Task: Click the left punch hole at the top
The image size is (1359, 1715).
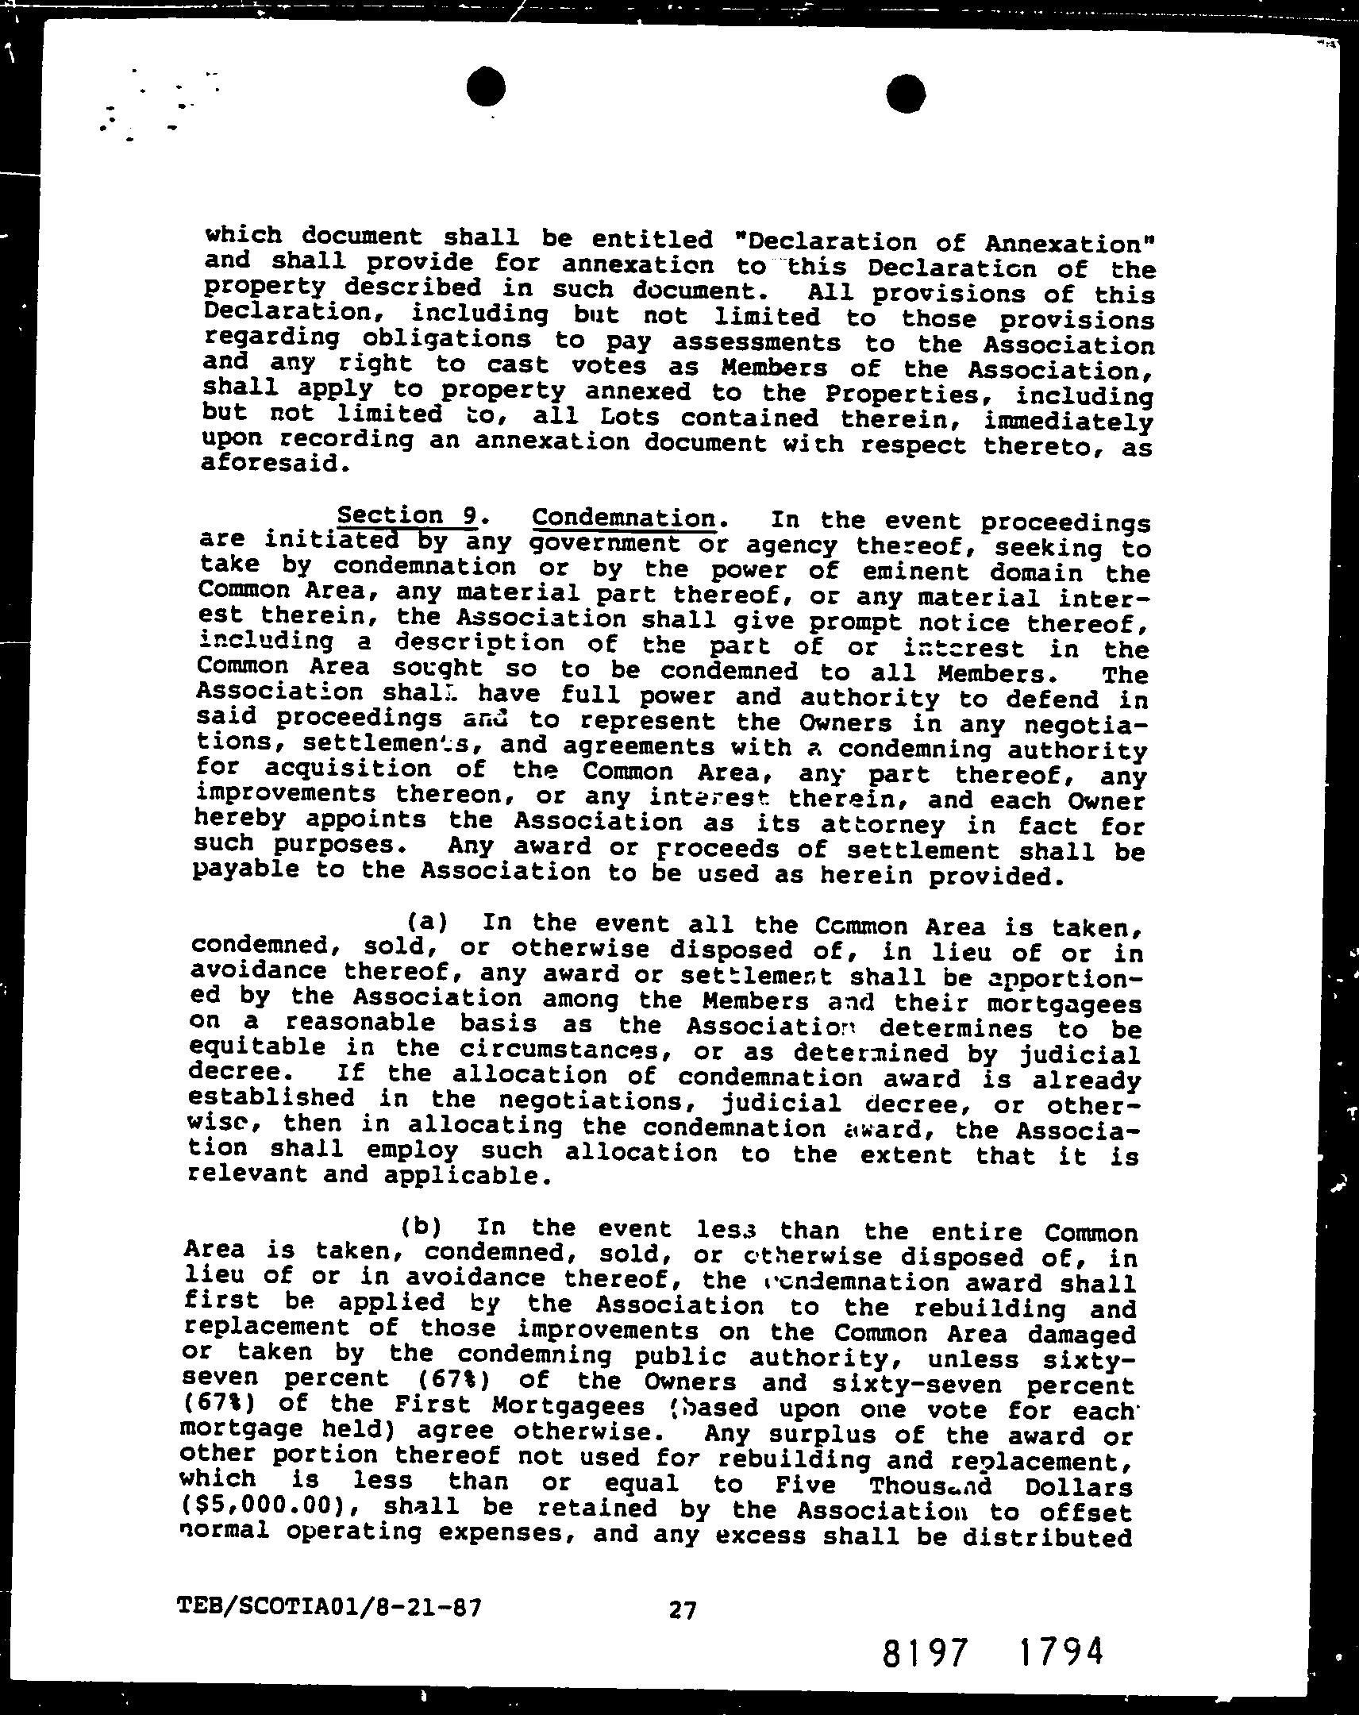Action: pyautogui.click(x=486, y=87)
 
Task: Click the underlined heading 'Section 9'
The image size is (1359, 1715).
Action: pyautogui.click(x=406, y=516)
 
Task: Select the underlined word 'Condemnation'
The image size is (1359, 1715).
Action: pyautogui.click(x=623, y=518)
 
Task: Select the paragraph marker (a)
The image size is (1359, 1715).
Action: pyautogui.click(x=427, y=923)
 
